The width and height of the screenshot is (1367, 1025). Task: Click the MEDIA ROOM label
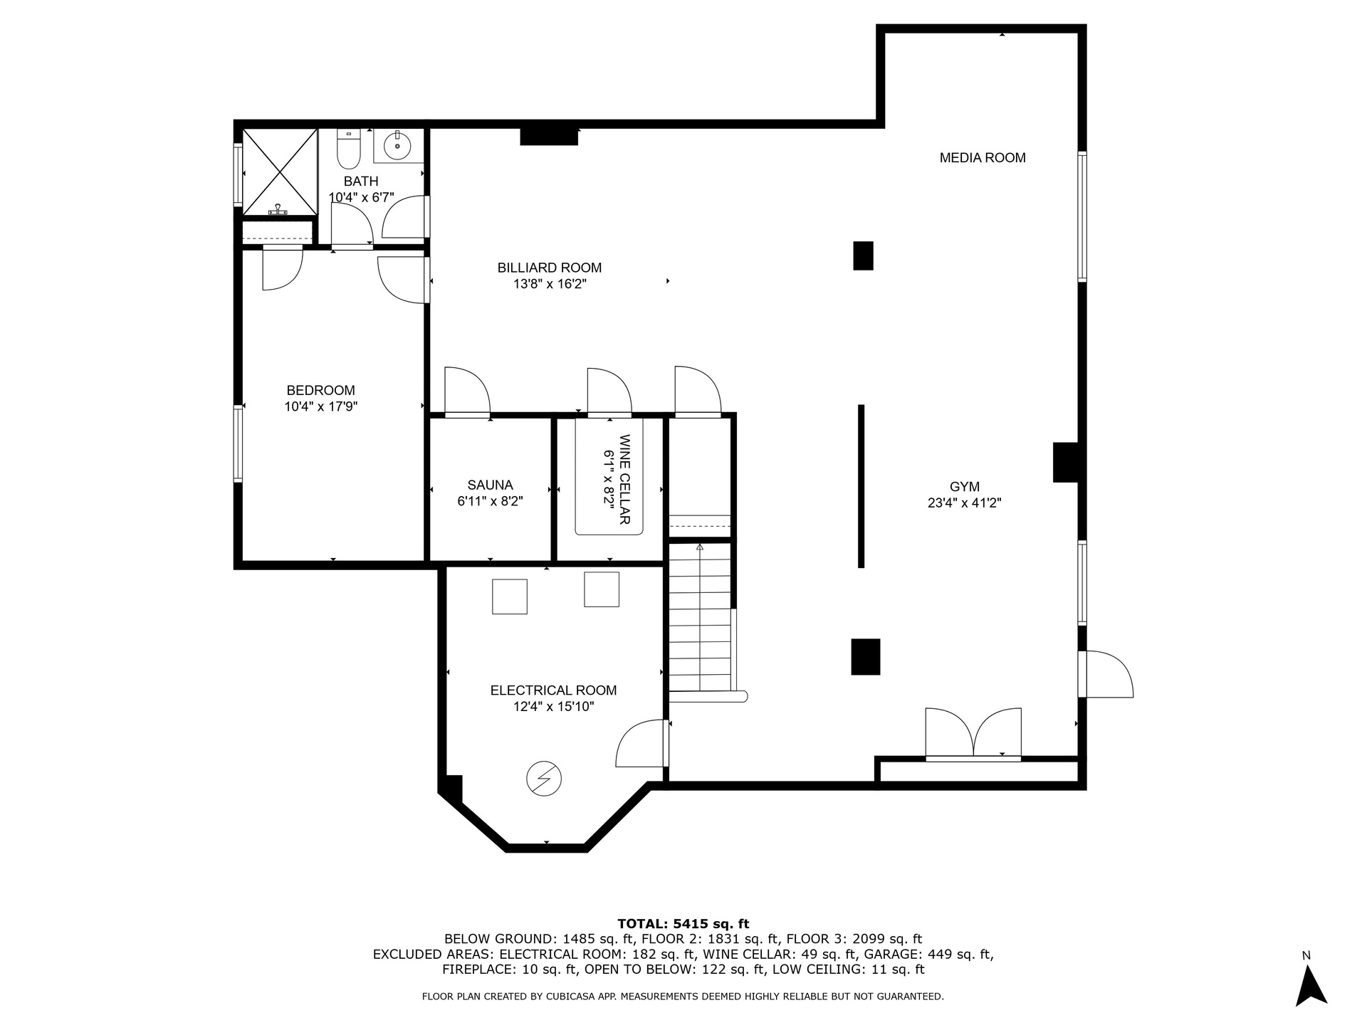pyautogui.click(x=983, y=158)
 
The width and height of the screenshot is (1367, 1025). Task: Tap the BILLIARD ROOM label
pyautogui.click(x=550, y=268)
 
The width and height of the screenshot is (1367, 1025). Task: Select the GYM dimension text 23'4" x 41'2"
pyautogui.click(x=965, y=503)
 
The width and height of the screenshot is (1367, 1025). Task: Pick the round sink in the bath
pyautogui.click(x=397, y=147)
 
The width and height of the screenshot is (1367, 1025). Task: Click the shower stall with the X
pyautogui.click(x=280, y=172)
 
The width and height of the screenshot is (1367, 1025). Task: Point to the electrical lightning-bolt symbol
pyautogui.click(x=544, y=779)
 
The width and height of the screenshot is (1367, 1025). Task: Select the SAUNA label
pyautogui.click(x=491, y=485)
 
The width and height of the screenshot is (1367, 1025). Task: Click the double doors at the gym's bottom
pyautogui.click(x=973, y=734)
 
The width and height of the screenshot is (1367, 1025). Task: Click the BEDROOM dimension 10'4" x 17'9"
pyautogui.click(x=320, y=407)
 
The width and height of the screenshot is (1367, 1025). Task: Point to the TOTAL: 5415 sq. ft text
pyautogui.click(x=683, y=924)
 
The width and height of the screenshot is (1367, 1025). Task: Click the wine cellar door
pyautogui.click(x=609, y=391)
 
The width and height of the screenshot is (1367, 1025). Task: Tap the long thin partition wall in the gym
pyautogui.click(x=861, y=486)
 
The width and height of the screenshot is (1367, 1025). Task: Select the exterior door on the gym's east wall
pyautogui.click(x=1105, y=673)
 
